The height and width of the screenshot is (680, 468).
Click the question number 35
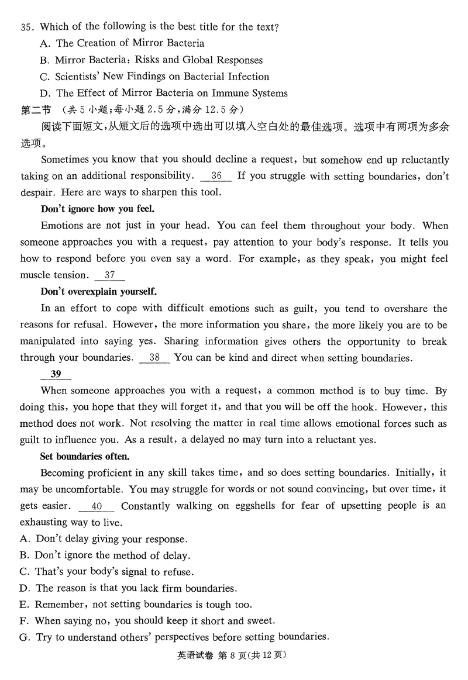(27, 27)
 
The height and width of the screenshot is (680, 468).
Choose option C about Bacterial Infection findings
(154, 77)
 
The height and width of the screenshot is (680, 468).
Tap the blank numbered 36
(216, 175)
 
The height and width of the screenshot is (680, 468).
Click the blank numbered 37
(109, 275)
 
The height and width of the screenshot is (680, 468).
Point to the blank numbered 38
(154, 358)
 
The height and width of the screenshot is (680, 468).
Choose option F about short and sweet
(147, 621)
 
